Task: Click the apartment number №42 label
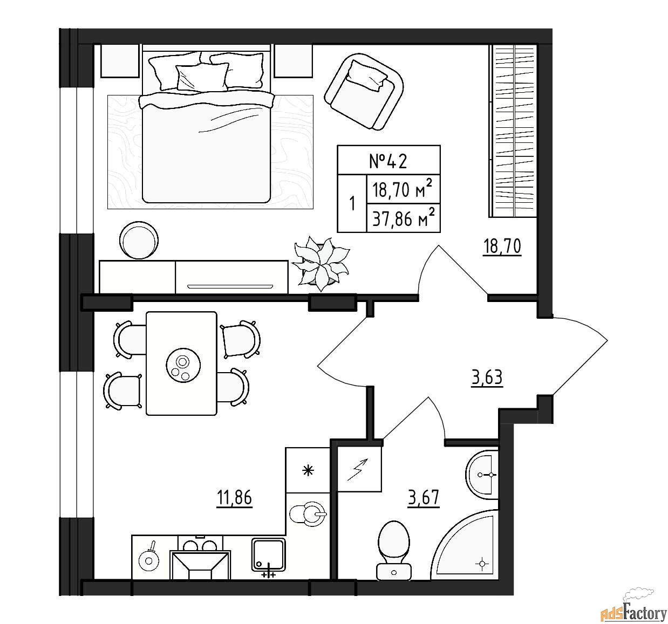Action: point(388,161)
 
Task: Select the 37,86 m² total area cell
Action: point(403,218)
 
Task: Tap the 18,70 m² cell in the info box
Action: point(403,189)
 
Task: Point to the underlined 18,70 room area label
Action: point(502,246)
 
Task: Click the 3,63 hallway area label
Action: point(487,378)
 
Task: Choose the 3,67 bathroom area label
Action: point(424,498)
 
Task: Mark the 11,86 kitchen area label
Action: point(234,498)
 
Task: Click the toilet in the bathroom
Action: point(394,551)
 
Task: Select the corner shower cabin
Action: point(465,545)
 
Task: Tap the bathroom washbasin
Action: point(482,475)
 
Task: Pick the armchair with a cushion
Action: point(364,92)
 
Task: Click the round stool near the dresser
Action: point(139,240)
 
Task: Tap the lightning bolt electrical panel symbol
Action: point(359,469)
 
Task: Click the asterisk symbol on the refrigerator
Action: point(308,470)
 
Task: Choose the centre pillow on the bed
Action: point(202,77)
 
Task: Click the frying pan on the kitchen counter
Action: point(149,561)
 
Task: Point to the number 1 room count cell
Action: point(352,203)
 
